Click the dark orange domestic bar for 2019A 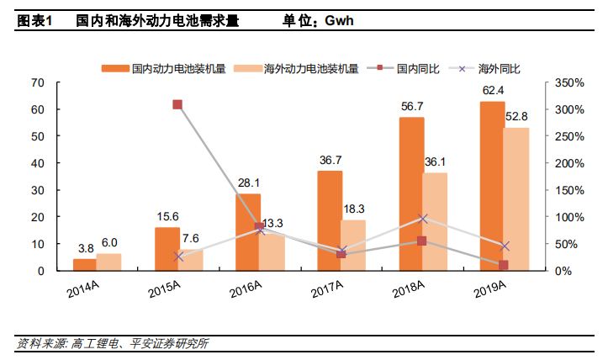(492, 186)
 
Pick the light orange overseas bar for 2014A (108, 262)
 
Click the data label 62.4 (493, 90)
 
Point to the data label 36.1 (435, 161)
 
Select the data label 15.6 (167, 216)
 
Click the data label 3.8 (85, 248)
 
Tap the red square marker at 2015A (177, 104)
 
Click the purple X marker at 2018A (423, 218)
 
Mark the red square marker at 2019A (504, 265)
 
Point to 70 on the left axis (37, 82)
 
